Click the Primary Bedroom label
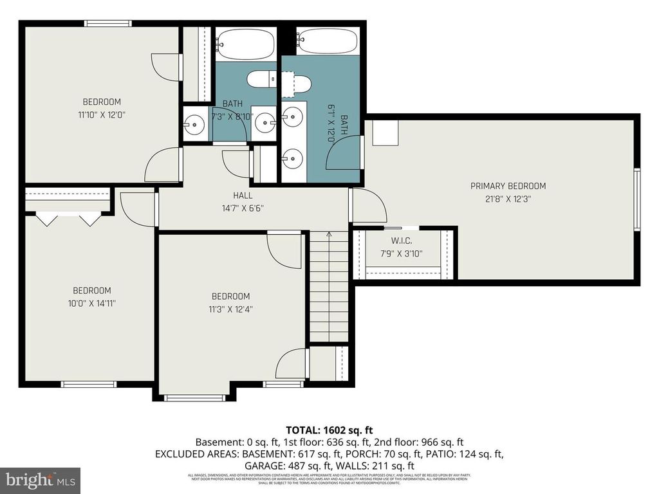coord(508,186)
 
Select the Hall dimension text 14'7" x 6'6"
coord(243,208)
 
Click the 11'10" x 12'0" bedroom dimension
coord(101,115)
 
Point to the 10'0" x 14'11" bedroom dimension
coord(91,303)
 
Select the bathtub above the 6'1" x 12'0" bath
coord(327,42)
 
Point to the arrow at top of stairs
coord(329,235)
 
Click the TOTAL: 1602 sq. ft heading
coord(329,430)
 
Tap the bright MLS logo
coord(40,480)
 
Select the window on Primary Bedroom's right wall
coord(636,199)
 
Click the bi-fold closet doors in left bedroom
coord(68,219)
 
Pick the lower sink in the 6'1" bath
coord(292,156)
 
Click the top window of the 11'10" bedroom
coord(108,24)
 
